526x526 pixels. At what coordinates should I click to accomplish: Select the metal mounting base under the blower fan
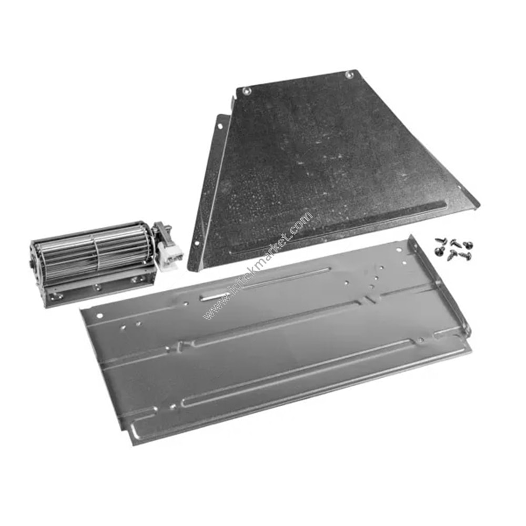[100, 289]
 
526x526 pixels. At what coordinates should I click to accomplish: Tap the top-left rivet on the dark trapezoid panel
[247, 90]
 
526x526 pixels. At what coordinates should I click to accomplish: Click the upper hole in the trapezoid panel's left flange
[220, 126]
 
